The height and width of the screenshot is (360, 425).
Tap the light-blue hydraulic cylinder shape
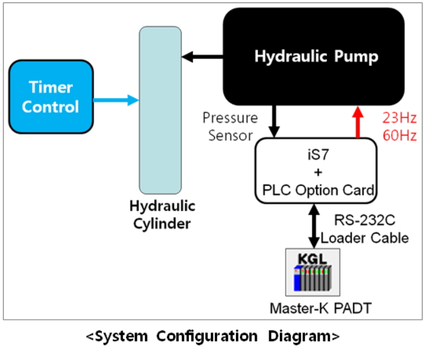click(x=159, y=110)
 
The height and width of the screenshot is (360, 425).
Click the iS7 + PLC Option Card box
click(x=316, y=170)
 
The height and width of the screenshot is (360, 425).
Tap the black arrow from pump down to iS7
click(x=274, y=121)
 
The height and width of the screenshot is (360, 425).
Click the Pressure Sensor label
click(x=230, y=126)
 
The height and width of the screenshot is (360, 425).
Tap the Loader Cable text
click(x=364, y=237)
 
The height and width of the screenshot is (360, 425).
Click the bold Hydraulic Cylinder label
click(x=163, y=215)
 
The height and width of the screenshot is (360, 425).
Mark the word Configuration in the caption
click(x=207, y=337)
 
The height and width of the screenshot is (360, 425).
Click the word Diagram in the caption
click(x=299, y=337)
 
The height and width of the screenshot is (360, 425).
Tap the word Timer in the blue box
click(x=50, y=87)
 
